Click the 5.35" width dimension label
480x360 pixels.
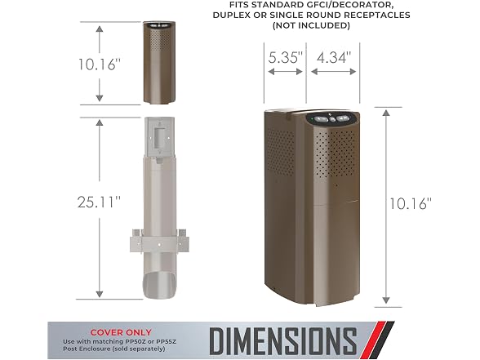point(286,57)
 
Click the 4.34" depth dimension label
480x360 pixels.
point(333,57)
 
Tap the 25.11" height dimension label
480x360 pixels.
point(100,202)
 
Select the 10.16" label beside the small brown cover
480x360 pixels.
point(100,64)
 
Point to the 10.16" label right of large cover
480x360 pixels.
point(410,203)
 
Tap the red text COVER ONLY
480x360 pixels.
point(121,332)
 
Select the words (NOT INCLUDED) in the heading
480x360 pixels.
point(311,25)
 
